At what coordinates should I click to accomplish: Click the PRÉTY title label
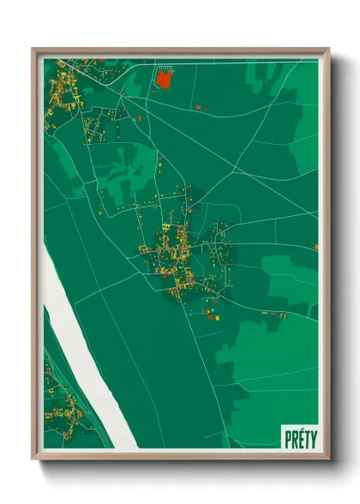pyautogui.click(x=299, y=439)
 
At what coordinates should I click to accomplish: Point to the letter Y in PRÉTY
pyautogui.click(x=312, y=439)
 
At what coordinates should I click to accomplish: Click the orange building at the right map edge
pyautogui.click(x=316, y=246)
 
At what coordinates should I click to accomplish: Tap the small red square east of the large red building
pyautogui.click(x=198, y=107)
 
